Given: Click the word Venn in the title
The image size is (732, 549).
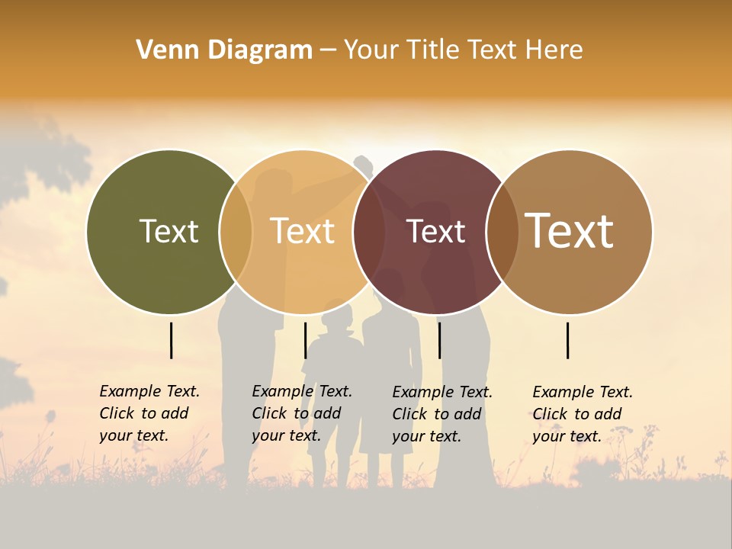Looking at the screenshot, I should coord(162,50).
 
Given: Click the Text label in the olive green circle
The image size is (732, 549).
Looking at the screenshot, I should coord(169,231).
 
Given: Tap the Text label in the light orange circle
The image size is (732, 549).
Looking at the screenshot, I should coord(303,231).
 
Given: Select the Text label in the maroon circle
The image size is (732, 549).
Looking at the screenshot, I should coord(435,231).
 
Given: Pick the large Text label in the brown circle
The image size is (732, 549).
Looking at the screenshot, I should coord(570,230).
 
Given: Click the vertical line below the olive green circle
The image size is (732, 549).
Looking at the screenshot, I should coord(171,340).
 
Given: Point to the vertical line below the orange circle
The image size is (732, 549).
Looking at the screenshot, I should coord(305,340).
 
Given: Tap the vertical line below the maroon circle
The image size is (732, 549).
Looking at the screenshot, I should coord(439,340).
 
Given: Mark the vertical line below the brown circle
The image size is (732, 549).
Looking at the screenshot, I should coord(567,340).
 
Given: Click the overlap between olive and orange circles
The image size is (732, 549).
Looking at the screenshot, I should coord(236,231).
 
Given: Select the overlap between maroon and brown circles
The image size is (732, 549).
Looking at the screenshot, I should coord(501,231).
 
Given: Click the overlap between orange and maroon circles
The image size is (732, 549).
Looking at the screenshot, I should coord(369,231).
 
